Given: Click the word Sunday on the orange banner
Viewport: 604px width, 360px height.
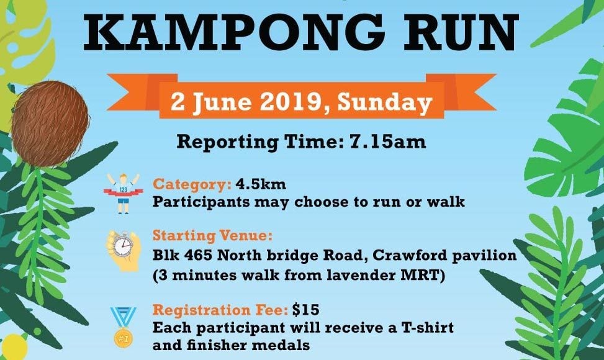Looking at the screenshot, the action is (x=384, y=102).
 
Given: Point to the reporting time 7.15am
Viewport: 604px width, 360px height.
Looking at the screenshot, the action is (x=387, y=142).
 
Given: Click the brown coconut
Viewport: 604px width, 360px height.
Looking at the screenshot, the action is (x=50, y=124).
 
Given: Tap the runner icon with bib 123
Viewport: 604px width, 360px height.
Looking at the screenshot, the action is (x=124, y=193).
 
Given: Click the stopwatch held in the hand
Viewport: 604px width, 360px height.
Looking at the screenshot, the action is (x=123, y=246).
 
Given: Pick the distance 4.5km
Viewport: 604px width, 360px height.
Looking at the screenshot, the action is (x=261, y=184).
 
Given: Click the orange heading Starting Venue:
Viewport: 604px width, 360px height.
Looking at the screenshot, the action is (x=212, y=235).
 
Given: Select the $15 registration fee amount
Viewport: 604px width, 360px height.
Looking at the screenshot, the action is (x=305, y=309).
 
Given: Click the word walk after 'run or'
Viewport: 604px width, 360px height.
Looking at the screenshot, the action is (x=446, y=202).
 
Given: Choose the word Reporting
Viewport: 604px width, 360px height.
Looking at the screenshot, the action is (x=227, y=142).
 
